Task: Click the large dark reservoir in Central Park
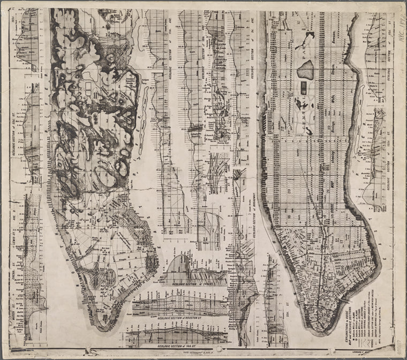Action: pos(306,69)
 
